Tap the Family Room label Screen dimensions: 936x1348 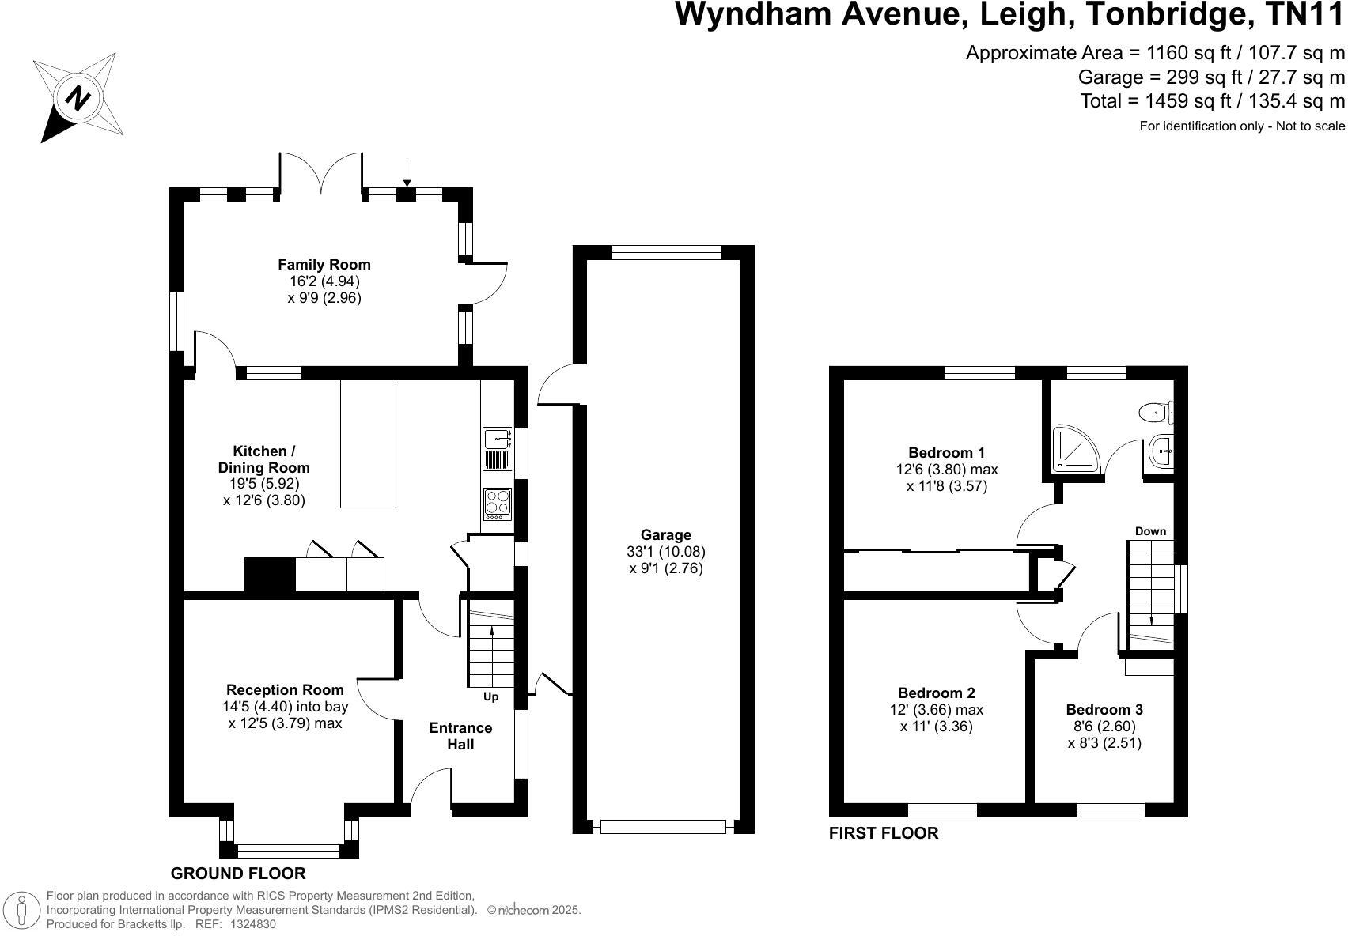pyautogui.click(x=324, y=265)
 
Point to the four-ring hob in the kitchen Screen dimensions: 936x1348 pyautogui.click(x=498, y=504)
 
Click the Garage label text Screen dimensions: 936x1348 pyautogui.click(x=666, y=535)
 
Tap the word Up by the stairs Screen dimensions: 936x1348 pyautogui.click(x=491, y=697)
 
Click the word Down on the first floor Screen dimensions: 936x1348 pyautogui.click(x=1150, y=531)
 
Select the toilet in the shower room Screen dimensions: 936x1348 pyautogui.click(x=1157, y=411)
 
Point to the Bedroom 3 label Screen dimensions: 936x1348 pyautogui.click(x=1104, y=710)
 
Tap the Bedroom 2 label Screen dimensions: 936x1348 pyautogui.click(x=936, y=693)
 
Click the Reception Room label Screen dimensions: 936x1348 pyautogui.click(x=285, y=690)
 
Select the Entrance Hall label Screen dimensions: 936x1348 pyautogui.click(x=460, y=736)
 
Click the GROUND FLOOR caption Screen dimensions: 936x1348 pyautogui.click(x=238, y=874)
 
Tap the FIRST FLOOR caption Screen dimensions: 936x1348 pyautogui.click(x=883, y=833)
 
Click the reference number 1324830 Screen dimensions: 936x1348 pyautogui.click(x=252, y=923)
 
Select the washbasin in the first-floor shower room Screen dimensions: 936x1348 pyautogui.click(x=1161, y=452)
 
